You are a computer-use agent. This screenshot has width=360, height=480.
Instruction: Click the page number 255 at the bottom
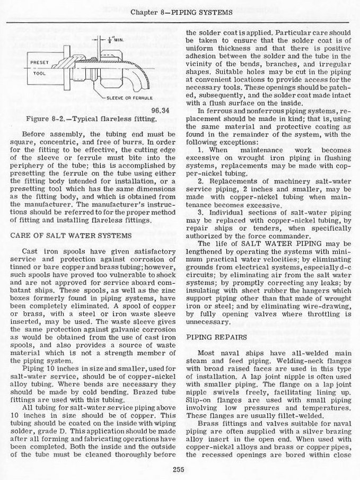pos(178,467)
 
